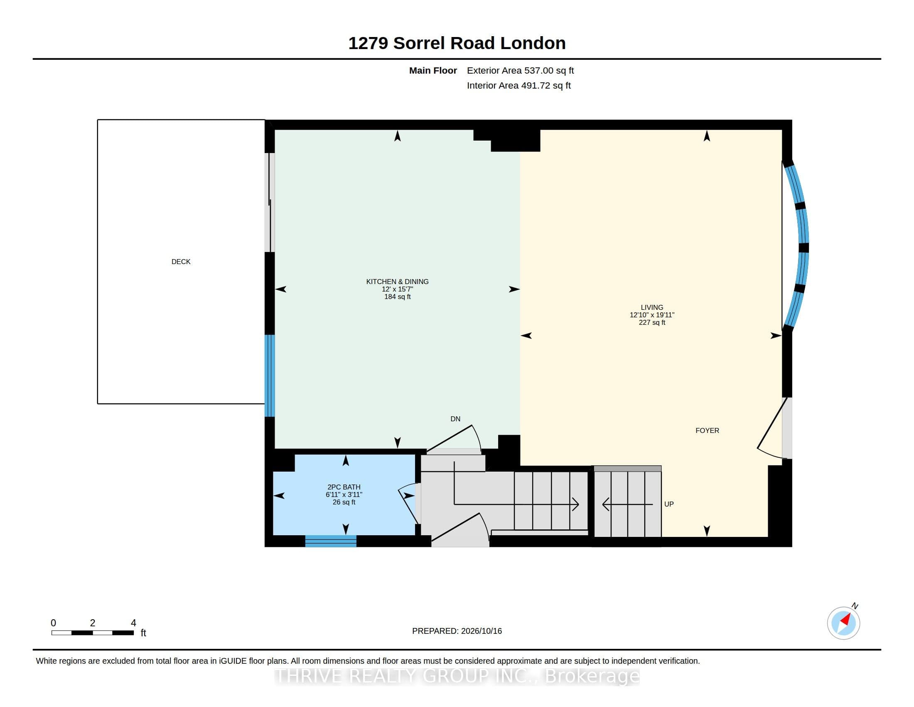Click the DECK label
click(x=181, y=262)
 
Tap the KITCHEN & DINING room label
click(x=397, y=282)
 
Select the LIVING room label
click(x=651, y=307)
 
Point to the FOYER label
click(x=707, y=430)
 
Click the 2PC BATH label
click(x=344, y=487)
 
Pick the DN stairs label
click(x=455, y=419)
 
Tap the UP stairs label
click(x=669, y=504)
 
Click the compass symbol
click(x=844, y=623)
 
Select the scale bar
click(x=93, y=633)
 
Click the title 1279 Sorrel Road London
click(x=457, y=43)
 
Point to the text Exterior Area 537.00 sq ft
click(x=520, y=71)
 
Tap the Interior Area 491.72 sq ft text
click(x=518, y=85)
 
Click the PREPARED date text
click(x=457, y=631)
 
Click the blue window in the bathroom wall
click(x=331, y=541)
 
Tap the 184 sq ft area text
click(x=397, y=297)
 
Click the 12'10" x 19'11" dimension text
click(x=651, y=315)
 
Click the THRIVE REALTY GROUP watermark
click(x=457, y=676)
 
